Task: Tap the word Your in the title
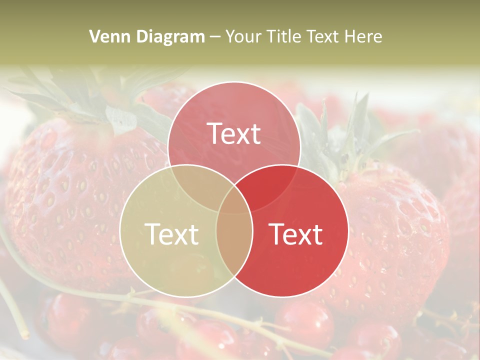pyautogui.click(x=245, y=36)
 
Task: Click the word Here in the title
pyautogui.click(x=364, y=36)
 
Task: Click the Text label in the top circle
pyautogui.click(x=234, y=133)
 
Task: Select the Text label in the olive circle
pyautogui.click(x=171, y=233)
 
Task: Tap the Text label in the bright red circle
pyautogui.click(x=296, y=233)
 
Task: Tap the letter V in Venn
pyautogui.click(x=94, y=36)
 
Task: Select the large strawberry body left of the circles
pyautogui.click(x=70, y=200)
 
